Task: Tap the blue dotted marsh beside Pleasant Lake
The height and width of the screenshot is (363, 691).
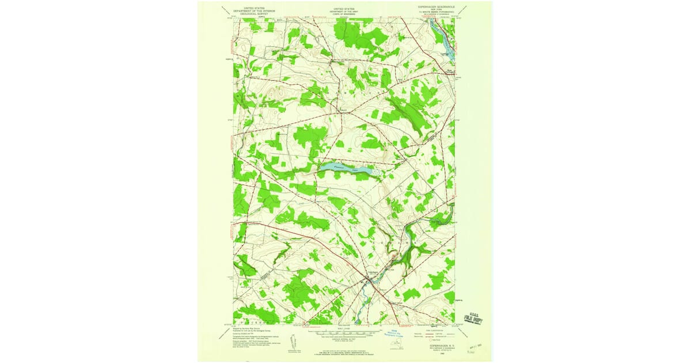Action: (x=375, y=171)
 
